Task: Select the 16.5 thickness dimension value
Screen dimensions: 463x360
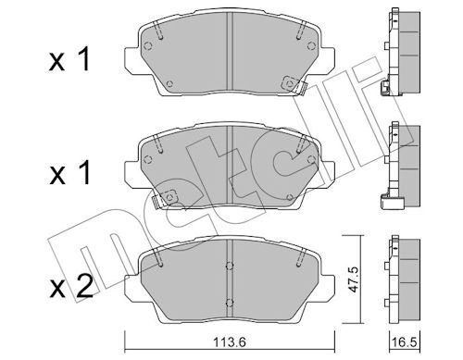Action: tap(405, 341)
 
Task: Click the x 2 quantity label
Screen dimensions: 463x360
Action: tap(71, 287)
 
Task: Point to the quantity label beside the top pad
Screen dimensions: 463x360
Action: tap(69, 59)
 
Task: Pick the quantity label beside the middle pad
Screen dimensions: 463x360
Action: tap(69, 173)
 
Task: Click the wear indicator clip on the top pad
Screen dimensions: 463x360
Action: tap(294, 84)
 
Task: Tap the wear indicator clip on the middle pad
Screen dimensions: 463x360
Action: tap(164, 198)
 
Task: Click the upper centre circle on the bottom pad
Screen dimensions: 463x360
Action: tap(229, 266)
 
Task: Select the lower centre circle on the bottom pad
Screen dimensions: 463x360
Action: tap(229, 303)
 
